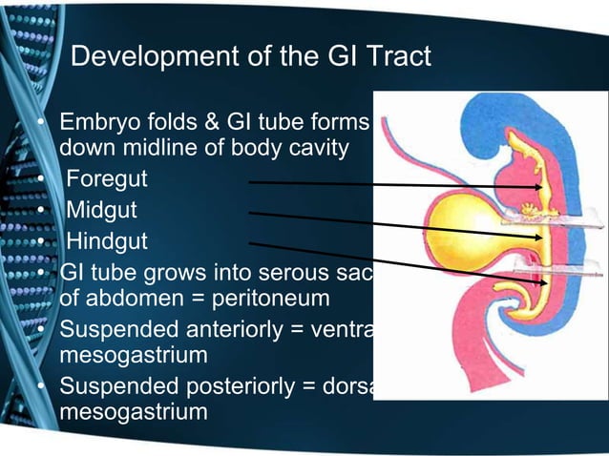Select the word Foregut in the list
click(x=106, y=178)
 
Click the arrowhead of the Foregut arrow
click(x=540, y=188)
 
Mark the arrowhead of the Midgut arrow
click(x=541, y=236)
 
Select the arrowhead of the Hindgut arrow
click(x=542, y=281)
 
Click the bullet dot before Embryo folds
click(x=41, y=125)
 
